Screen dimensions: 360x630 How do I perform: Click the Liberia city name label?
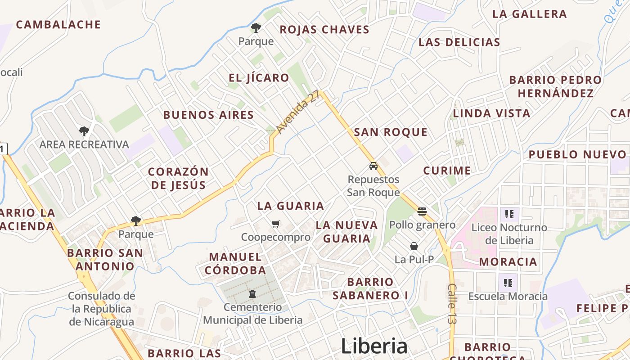(374, 346)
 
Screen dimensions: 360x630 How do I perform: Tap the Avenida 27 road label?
(298, 112)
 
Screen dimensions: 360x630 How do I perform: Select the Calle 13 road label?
(452, 303)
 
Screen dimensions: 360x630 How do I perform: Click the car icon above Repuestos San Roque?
(373, 166)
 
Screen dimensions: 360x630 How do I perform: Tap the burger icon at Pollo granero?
(422, 211)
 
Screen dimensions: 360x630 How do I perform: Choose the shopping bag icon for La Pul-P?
(414, 246)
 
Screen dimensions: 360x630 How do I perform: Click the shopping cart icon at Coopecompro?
(276, 224)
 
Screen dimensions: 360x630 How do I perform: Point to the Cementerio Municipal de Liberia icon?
(252, 294)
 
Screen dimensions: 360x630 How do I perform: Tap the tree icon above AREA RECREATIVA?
(84, 131)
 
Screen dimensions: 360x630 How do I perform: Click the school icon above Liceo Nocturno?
(509, 214)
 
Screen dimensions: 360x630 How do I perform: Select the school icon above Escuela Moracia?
(508, 283)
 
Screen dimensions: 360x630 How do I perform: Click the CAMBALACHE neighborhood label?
(58, 24)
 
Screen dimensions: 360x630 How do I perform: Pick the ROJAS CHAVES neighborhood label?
(324, 30)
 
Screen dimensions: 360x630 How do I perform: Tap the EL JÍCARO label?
(259, 77)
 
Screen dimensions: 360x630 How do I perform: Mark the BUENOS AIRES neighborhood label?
(208, 115)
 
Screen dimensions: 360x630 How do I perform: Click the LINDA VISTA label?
(491, 113)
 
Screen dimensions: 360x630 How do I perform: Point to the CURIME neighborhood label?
(447, 171)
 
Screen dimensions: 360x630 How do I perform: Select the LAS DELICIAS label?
(459, 42)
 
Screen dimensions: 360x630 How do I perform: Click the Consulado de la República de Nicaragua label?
(102, 309)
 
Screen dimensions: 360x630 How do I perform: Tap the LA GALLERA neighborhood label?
(529, 13)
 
